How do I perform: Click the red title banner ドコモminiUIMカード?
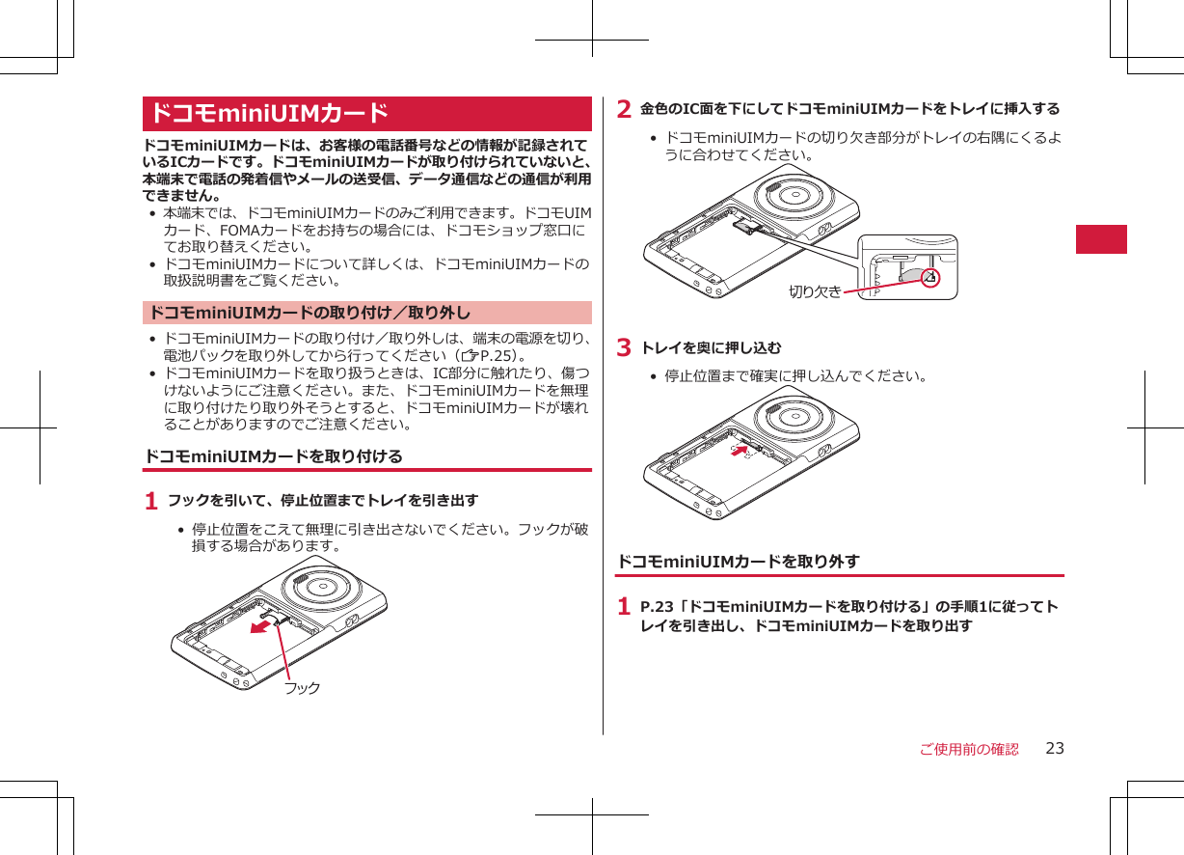click(366, 114)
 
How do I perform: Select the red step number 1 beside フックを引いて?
click(150, 502)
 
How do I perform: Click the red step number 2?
click(624, 109)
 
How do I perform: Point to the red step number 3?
click(624, 347)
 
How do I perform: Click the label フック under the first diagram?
click(302, 688)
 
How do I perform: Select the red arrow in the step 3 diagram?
click(739, 450)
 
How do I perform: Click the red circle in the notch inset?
click(929, 278)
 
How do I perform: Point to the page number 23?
click(1055, 749)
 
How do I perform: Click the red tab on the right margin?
click(1101, 238)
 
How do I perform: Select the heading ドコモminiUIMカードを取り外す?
click(738, 561)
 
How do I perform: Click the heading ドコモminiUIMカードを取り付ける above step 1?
click(273, 455)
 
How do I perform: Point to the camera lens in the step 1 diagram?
click(320, 588)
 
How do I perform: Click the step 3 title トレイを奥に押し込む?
click(712, 347)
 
